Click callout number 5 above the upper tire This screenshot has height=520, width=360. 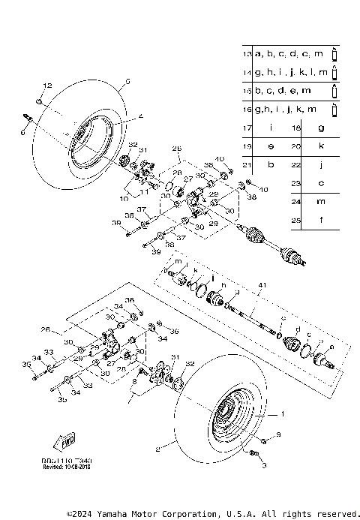click(127, 80)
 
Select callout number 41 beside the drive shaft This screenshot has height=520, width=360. click(262, 286)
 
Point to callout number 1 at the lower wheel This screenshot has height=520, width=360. click(283, 413)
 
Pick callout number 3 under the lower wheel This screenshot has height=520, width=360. click(264, 466)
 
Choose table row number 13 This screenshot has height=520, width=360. click(247, 55)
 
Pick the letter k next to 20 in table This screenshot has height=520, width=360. click(321, 146)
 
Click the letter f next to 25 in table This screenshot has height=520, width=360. click(321, 221)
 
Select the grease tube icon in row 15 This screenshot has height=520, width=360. click(335, 92)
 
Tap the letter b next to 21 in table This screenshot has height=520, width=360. click(270, 164)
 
